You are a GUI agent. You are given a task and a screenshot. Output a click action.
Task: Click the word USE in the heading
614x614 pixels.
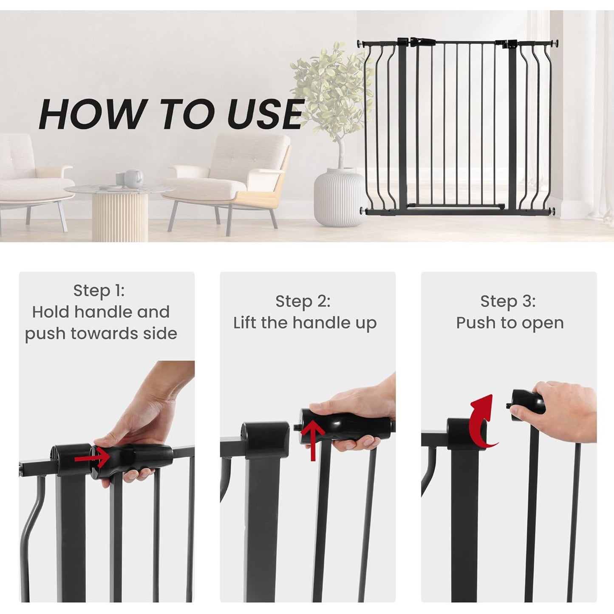coord(265,113)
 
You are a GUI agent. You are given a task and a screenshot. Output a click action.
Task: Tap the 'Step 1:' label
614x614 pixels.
coord(99,291)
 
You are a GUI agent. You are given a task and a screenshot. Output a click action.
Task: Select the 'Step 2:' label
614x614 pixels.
coord(303,301)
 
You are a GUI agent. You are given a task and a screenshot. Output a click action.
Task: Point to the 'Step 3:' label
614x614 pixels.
coord(508,301)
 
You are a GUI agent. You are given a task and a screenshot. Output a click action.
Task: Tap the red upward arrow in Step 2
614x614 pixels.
coord(313,440)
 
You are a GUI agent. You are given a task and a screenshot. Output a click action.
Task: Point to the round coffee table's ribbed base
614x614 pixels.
coord(120,217)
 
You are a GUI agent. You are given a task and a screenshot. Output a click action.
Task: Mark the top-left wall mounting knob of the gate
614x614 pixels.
coord(361,43)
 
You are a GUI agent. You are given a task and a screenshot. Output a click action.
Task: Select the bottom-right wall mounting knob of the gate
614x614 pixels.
coord(553,210)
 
